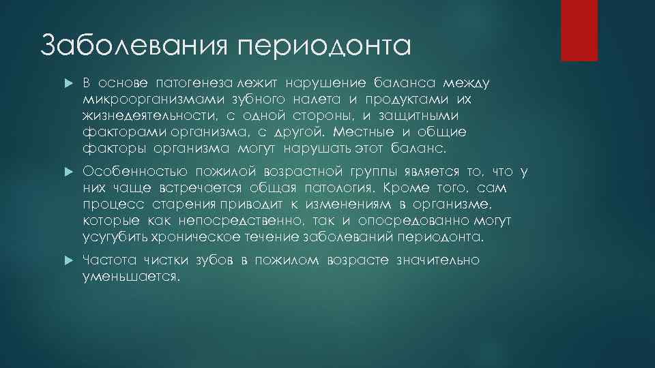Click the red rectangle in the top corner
(x=579, y=30)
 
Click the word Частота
(x=109, y=261)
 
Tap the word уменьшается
(x=130, y=277)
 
